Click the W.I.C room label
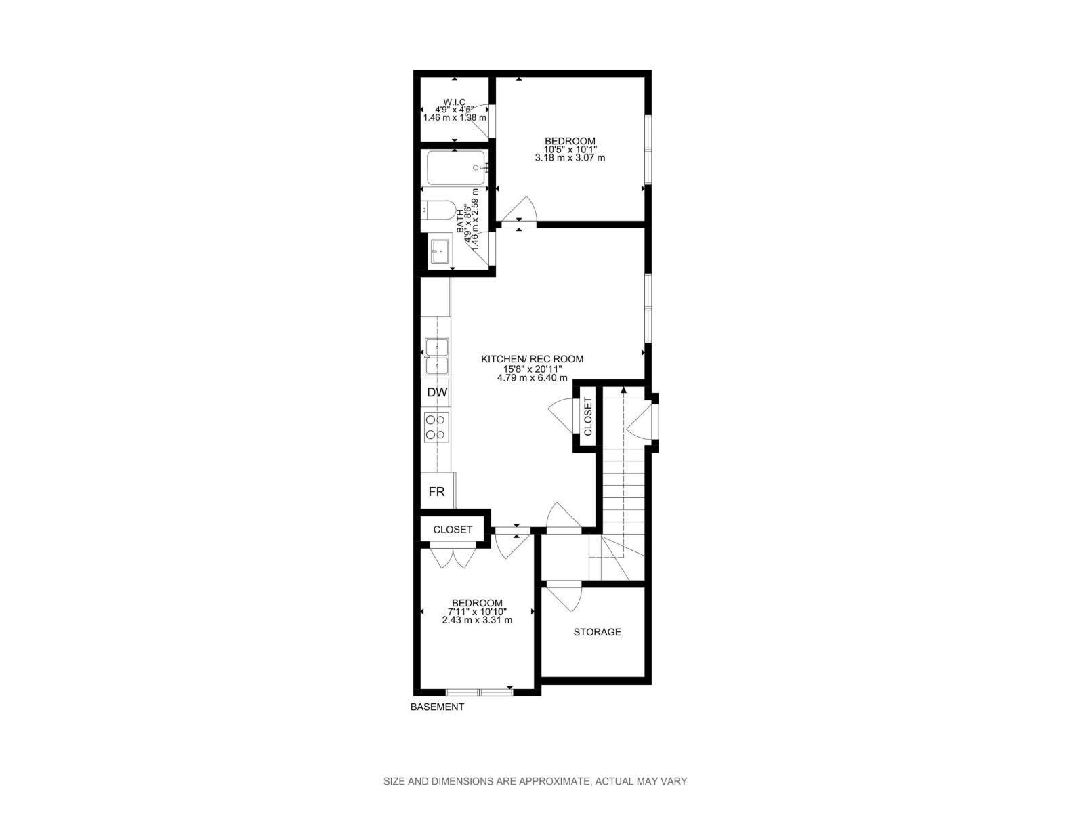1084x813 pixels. click(455, 102)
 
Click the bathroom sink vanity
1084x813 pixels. click(440, 251)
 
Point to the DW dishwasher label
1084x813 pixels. click(437, 392)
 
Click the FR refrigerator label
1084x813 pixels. click(437, 492)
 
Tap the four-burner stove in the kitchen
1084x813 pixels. click(436, 427)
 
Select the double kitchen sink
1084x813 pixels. click(436, 356)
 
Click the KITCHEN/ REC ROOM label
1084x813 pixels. click(532, 359)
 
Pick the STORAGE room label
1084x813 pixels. click(597, 632)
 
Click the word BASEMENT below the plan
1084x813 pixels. click(437, 707)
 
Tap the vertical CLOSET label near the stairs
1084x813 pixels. click(587, 417)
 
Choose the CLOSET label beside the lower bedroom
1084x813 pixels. click(453, 529)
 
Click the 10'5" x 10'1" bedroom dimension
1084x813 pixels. click(570, 149)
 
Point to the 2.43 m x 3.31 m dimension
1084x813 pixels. click(477, 620)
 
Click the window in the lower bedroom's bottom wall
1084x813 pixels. click(479, 692)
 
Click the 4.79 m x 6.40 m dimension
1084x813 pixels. click(532, 378)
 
